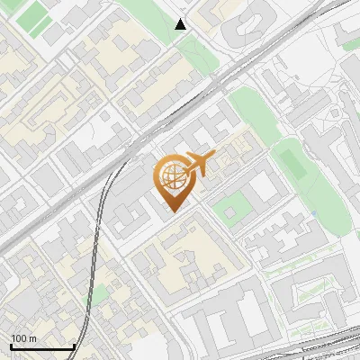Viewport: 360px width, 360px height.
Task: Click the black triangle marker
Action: [181, 24]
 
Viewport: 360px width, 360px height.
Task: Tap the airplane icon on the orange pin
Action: [200, 163]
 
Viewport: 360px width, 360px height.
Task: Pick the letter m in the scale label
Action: [33, 338]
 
